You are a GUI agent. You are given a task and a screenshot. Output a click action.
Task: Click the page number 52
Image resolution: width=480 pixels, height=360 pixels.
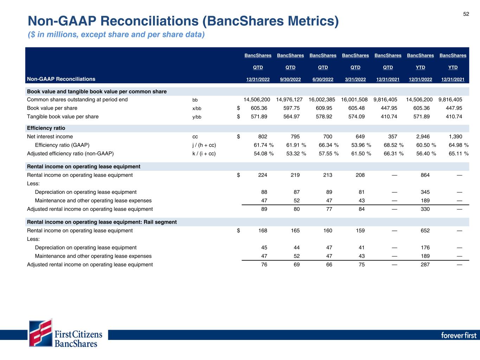tap(466, 14)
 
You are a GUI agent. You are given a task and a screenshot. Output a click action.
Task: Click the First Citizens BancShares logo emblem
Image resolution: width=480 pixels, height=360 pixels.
tap(41, 333)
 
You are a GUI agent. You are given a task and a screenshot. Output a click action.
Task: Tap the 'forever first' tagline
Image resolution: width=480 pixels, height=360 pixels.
tap(459, 335)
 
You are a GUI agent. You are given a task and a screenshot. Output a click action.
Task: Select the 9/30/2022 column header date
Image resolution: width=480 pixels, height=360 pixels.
tap(290, 79)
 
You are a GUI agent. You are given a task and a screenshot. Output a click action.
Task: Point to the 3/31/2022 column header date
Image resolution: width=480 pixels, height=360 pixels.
tap(355, 79)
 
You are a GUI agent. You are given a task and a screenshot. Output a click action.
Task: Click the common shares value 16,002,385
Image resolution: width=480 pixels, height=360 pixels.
tap(322, 99)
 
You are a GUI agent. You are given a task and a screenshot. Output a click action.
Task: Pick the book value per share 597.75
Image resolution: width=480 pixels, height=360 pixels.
tap(292, 108)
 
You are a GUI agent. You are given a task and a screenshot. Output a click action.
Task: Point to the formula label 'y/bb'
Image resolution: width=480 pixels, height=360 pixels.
tap(197, 117)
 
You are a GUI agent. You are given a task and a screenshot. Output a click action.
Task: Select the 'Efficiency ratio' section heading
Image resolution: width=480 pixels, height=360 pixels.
tap(46, 128)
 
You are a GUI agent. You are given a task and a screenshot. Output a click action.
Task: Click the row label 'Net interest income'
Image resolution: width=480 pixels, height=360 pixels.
tap(50, 136)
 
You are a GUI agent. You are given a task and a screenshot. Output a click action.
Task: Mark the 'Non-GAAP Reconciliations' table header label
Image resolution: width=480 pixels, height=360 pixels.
tap(61, 79)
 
